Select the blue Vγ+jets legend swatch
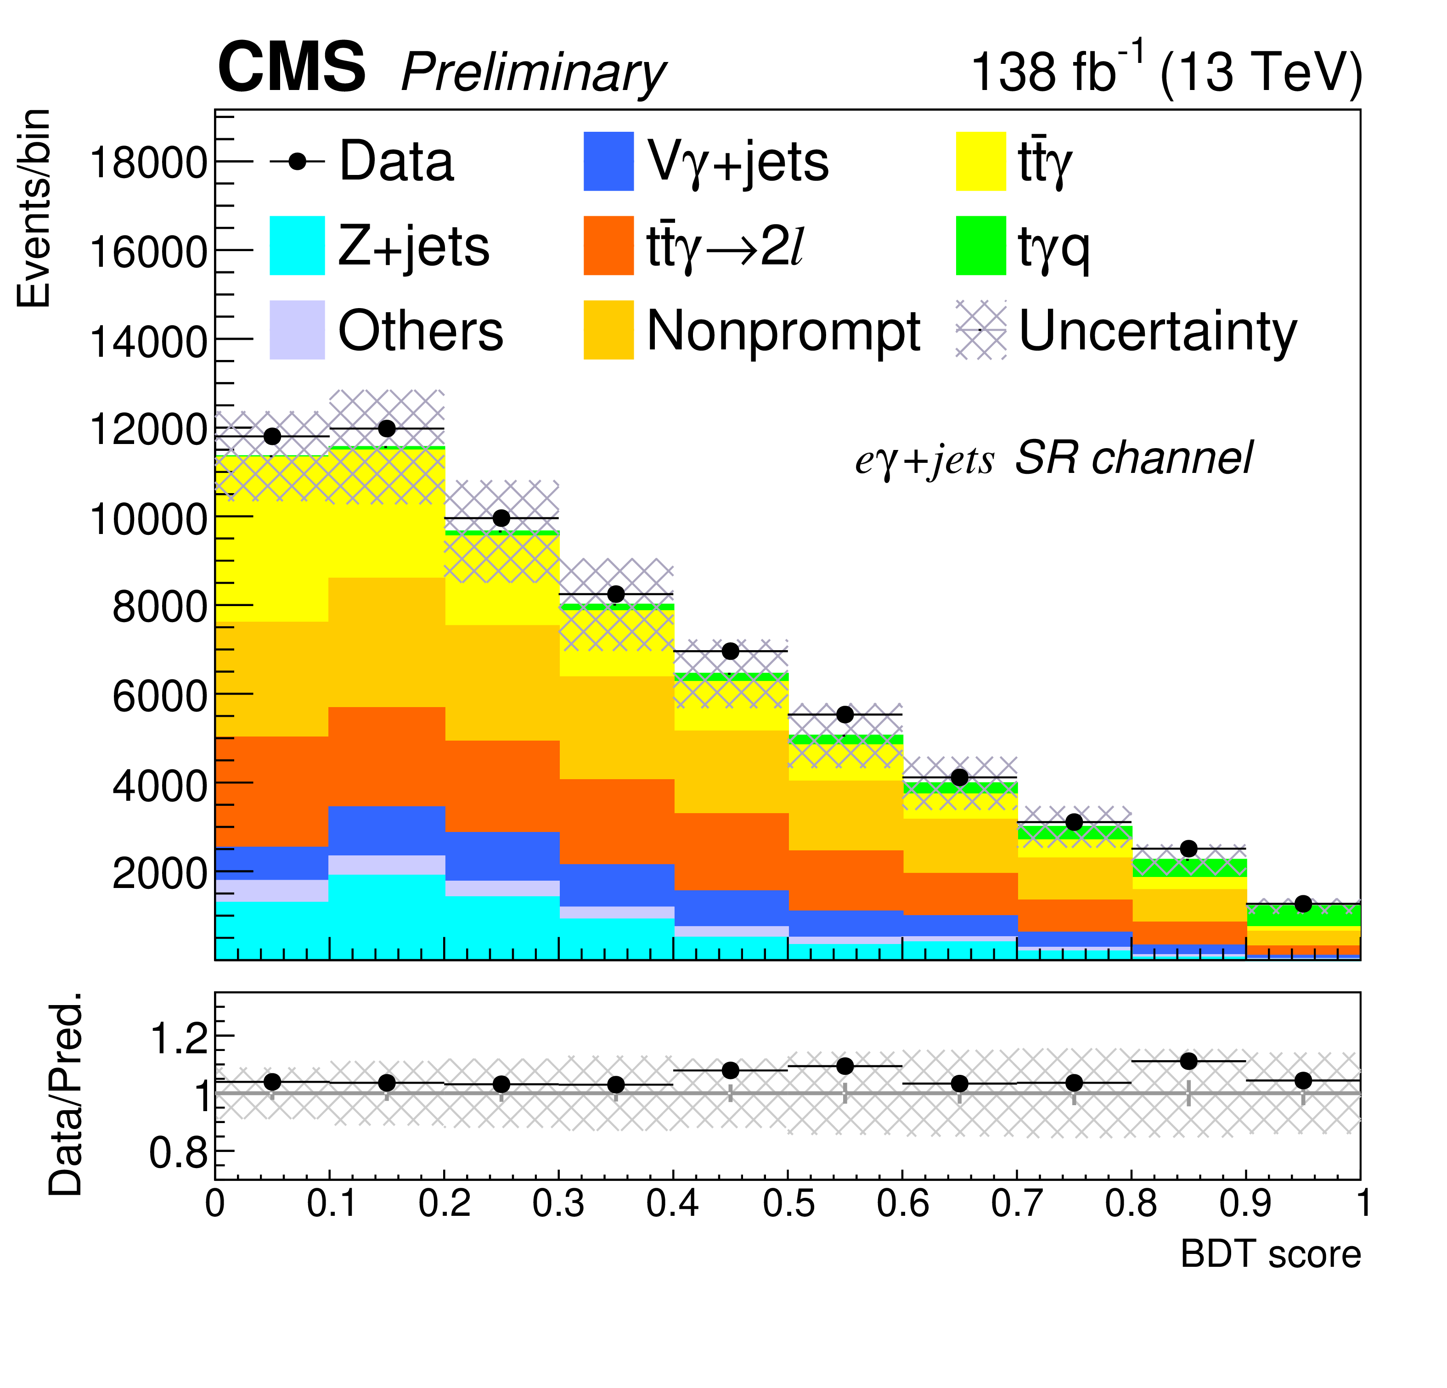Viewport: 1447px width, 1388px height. (x=608, y=161)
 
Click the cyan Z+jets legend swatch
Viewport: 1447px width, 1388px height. (x=297, y=245)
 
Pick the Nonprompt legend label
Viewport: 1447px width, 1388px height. (x=783, y=330)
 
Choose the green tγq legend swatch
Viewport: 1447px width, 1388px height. (x=980, y=245)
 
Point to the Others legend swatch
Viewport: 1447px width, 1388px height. (x=297, y=330)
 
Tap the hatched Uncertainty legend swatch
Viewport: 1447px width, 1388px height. (x=980, y=330)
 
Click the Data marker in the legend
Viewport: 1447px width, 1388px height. (x=297, y=161)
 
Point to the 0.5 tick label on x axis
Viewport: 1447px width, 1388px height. (x=788, y=1203)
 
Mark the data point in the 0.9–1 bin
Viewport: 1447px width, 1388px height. (x=1303, y=904)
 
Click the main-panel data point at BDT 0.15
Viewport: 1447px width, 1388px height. (x=387, y=429)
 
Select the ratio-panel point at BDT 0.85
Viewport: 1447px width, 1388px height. (x=1188, y=1061)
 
